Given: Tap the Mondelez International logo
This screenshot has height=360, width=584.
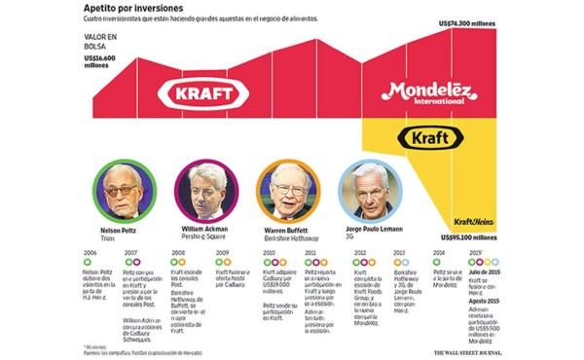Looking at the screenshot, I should tap(427, 93).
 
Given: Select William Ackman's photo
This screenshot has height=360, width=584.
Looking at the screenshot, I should tap(203, 190).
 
